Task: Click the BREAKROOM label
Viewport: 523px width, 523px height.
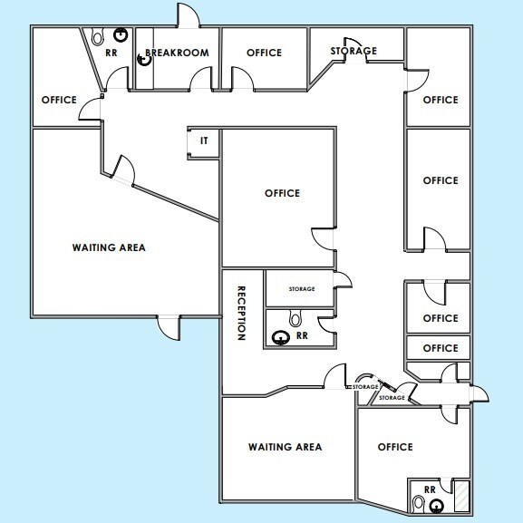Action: [178, 53]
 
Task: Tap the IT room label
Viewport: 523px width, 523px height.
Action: [204, 141]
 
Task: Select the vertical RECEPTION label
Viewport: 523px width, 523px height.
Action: [242, 313]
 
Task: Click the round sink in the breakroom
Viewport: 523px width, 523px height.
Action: [142, 62]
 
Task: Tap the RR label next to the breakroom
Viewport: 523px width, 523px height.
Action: [111, 53]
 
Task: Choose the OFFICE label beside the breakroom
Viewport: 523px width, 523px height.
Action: [264, 53]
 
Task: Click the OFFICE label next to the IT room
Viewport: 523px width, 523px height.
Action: [282, 193]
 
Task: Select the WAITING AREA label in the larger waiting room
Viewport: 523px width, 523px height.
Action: [109, 247]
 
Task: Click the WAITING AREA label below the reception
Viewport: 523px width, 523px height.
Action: [286, 447]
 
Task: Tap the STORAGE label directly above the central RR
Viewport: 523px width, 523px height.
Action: [302, 289]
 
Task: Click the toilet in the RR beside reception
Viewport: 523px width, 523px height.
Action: [295, 319]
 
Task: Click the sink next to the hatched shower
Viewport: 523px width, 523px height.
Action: [437, 506]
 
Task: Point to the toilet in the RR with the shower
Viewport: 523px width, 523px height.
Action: [418, 501]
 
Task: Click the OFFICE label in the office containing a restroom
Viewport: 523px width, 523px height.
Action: [395, 447]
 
